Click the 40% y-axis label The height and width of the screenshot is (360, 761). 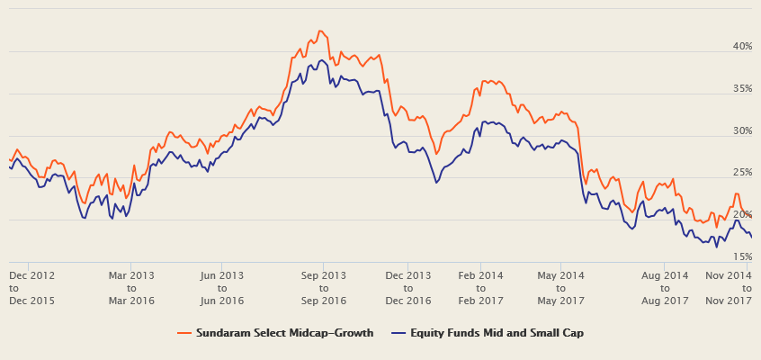(741, 46)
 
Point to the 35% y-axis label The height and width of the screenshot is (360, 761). (741, 88)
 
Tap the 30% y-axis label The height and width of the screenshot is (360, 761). (741, 130)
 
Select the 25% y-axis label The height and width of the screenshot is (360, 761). (741, 172)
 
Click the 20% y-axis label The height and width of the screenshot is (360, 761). (741, 214)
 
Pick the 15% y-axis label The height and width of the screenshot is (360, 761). (741, 256)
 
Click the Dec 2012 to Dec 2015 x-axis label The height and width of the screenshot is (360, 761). (31, 287)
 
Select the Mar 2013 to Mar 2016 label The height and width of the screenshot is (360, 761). (131, 287)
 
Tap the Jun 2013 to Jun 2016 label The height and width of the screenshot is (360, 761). (221, 287)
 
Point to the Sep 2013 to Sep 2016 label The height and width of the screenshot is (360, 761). (323, 287)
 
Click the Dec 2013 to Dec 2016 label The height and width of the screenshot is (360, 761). (408, 287)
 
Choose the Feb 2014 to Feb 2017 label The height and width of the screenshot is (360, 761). (479, 287)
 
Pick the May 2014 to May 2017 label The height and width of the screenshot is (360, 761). (560, 287)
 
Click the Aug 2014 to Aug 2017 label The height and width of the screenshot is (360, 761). (665, 287)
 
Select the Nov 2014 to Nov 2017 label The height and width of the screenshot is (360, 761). (729, 287)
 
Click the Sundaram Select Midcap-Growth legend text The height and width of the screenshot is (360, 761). (284, 333)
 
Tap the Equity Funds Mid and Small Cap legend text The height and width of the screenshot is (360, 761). (497, 333)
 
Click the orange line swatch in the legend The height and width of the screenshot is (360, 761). (185, 333)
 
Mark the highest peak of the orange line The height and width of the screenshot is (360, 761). (320, 31)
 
